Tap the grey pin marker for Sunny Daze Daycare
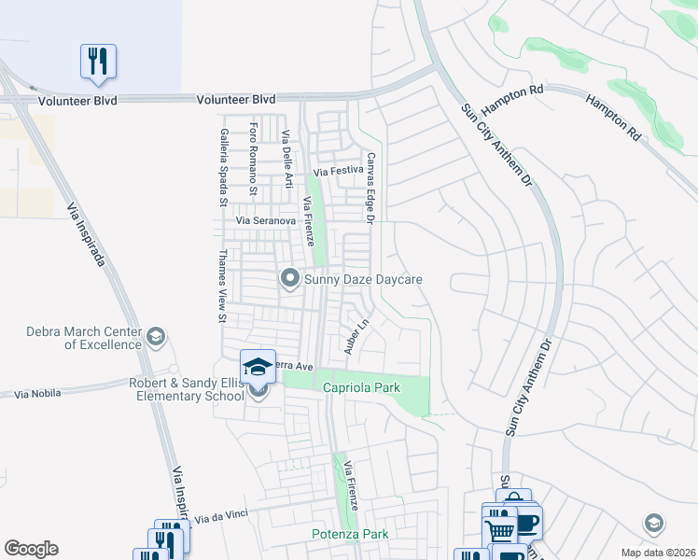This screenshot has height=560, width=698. point(289,278)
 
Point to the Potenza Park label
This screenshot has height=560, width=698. point(349,535)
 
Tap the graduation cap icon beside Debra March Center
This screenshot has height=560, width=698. point(156,336)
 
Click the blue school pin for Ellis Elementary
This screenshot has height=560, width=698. point(258,366)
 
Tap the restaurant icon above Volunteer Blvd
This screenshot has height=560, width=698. point(98,62)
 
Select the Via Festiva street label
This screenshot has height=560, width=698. point(336,173)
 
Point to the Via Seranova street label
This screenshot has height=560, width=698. point(266,220)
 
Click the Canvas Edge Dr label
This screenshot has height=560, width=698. point(370,189)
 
